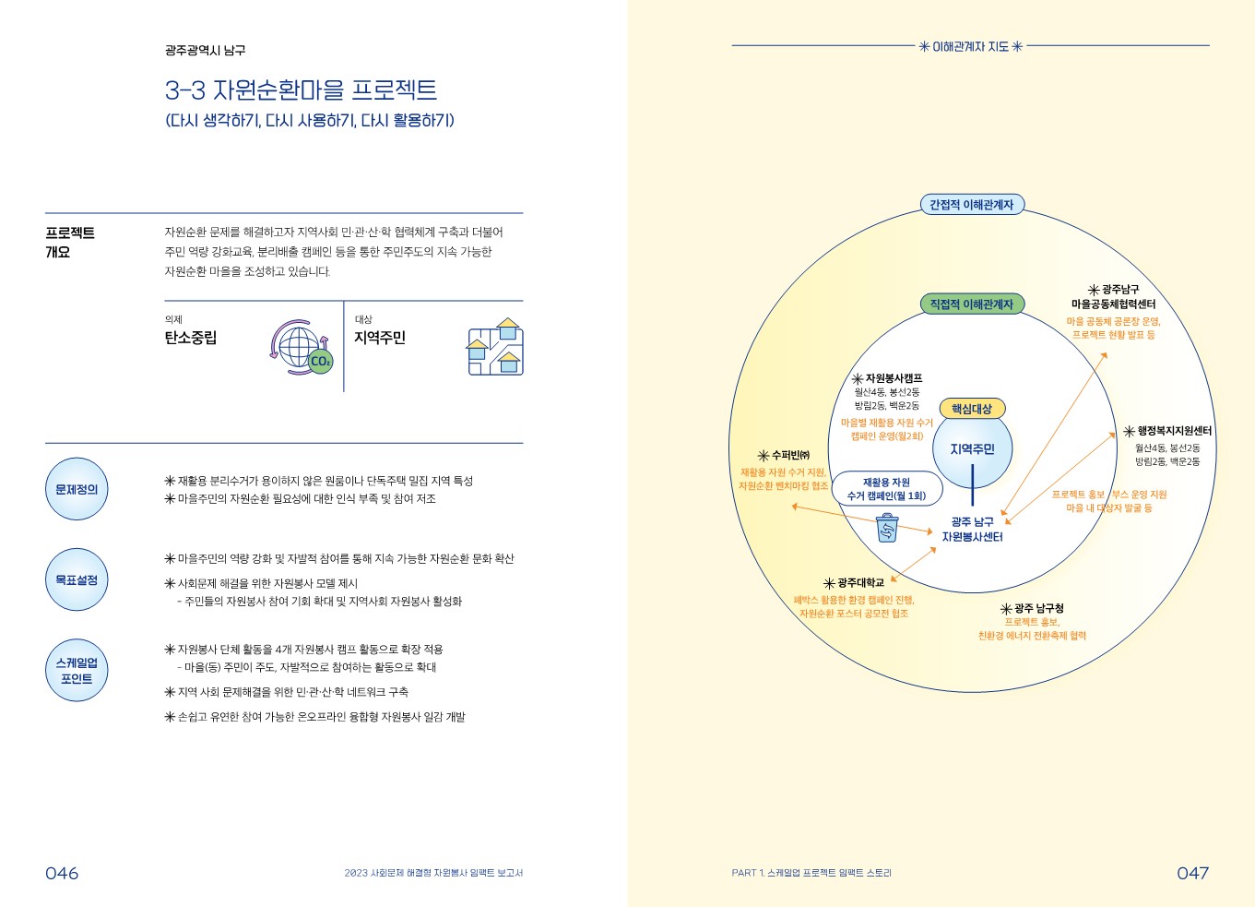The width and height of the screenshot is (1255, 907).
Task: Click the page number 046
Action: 62,873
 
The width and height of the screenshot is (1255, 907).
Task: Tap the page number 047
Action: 1192,873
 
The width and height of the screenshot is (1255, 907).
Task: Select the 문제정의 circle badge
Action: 77,489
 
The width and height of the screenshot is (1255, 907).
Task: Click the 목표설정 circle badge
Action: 77,579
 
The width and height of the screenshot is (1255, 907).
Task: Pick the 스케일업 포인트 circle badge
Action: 77,671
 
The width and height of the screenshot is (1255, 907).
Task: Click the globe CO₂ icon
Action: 302,347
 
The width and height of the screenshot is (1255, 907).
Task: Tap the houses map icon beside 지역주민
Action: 495,347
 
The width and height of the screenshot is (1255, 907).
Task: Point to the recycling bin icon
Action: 887,528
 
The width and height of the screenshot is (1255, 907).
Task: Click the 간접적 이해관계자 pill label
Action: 971,205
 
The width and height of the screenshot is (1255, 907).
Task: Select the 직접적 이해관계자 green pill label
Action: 971,304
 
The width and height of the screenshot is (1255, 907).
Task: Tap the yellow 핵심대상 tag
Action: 972,409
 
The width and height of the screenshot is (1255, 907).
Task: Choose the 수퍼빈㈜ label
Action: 784,455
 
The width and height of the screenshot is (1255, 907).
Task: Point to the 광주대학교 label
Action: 854,583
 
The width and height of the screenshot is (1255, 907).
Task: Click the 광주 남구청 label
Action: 1033,609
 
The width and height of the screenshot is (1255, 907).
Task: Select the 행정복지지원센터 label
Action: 1168,431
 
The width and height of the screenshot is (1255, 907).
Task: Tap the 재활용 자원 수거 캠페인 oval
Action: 887,489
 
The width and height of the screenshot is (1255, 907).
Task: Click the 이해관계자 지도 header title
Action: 971,46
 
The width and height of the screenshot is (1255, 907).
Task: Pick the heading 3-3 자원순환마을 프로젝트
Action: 301,90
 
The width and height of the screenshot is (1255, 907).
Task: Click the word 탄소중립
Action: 191,338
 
